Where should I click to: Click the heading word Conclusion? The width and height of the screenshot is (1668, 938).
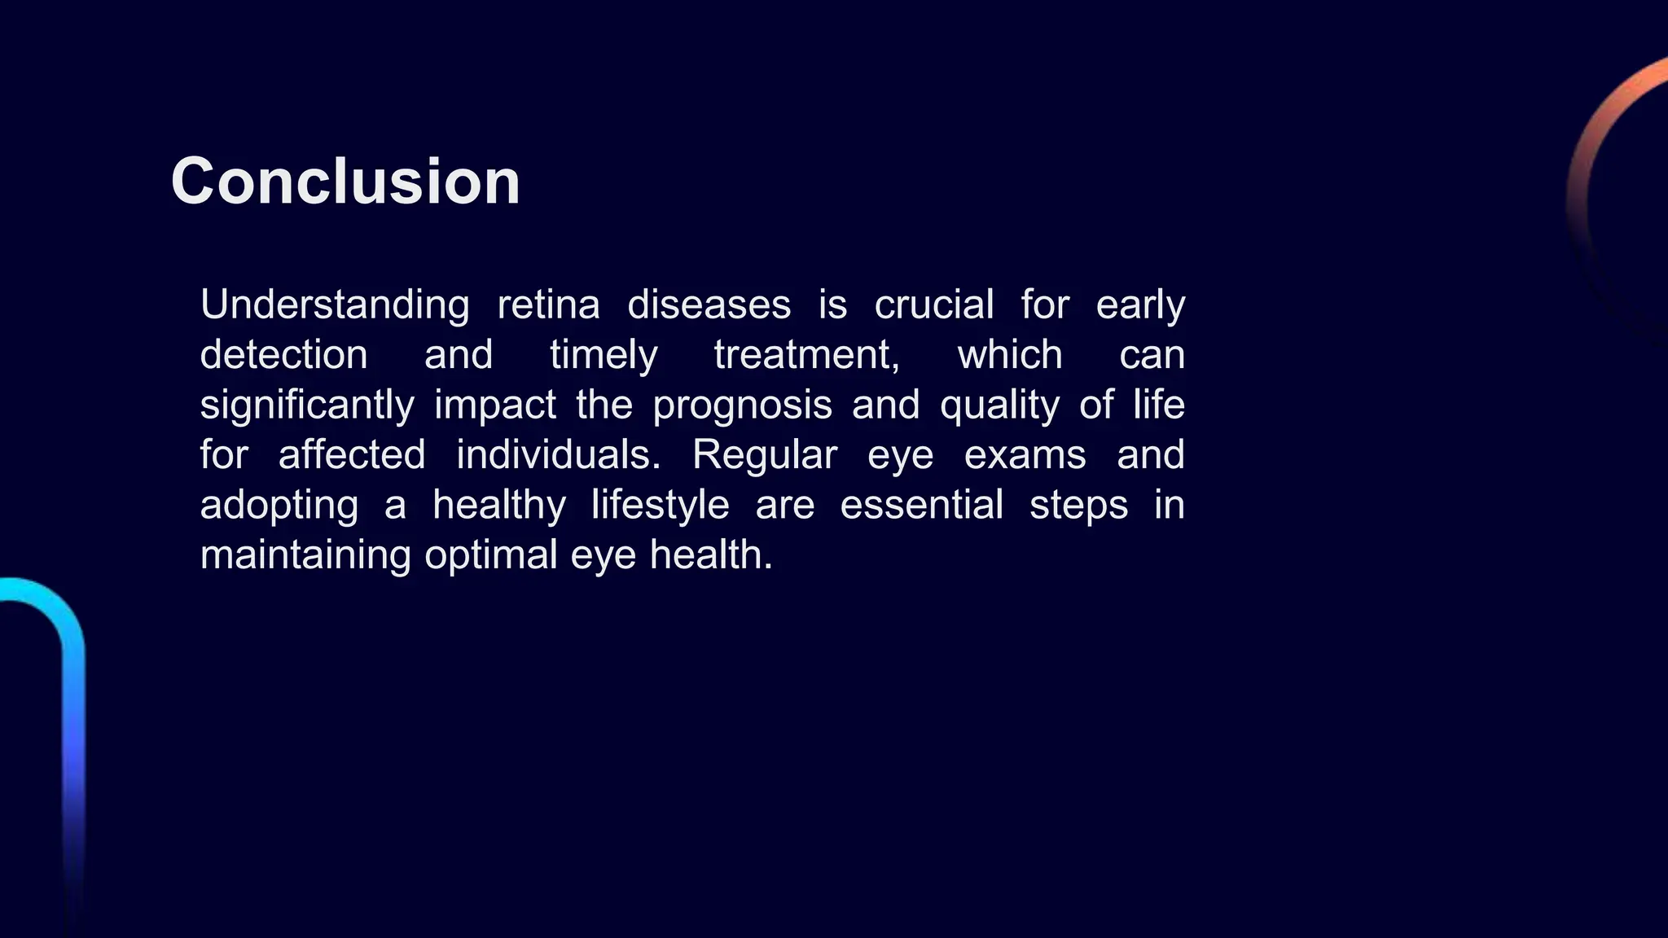pos(345,181)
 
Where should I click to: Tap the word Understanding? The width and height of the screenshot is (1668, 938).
pos(335,305)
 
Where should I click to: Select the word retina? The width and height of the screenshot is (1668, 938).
pos(548,305)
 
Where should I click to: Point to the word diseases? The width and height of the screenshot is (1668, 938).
pos(709,305)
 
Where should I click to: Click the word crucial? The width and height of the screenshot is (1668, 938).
pos(933,305)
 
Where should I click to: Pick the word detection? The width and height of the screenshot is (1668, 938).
pos(283,355)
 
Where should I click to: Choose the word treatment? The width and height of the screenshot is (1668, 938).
pos(805,355)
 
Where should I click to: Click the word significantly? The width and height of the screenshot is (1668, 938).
pos(307,405)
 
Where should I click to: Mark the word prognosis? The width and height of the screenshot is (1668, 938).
pos(742,405)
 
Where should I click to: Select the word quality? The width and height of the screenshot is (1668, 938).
pos(999,405)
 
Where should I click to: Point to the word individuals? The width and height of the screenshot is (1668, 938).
pos(557,455)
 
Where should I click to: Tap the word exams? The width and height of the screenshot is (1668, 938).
pos(1025,455)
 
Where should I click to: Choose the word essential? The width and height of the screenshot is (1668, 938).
pos(921,505)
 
